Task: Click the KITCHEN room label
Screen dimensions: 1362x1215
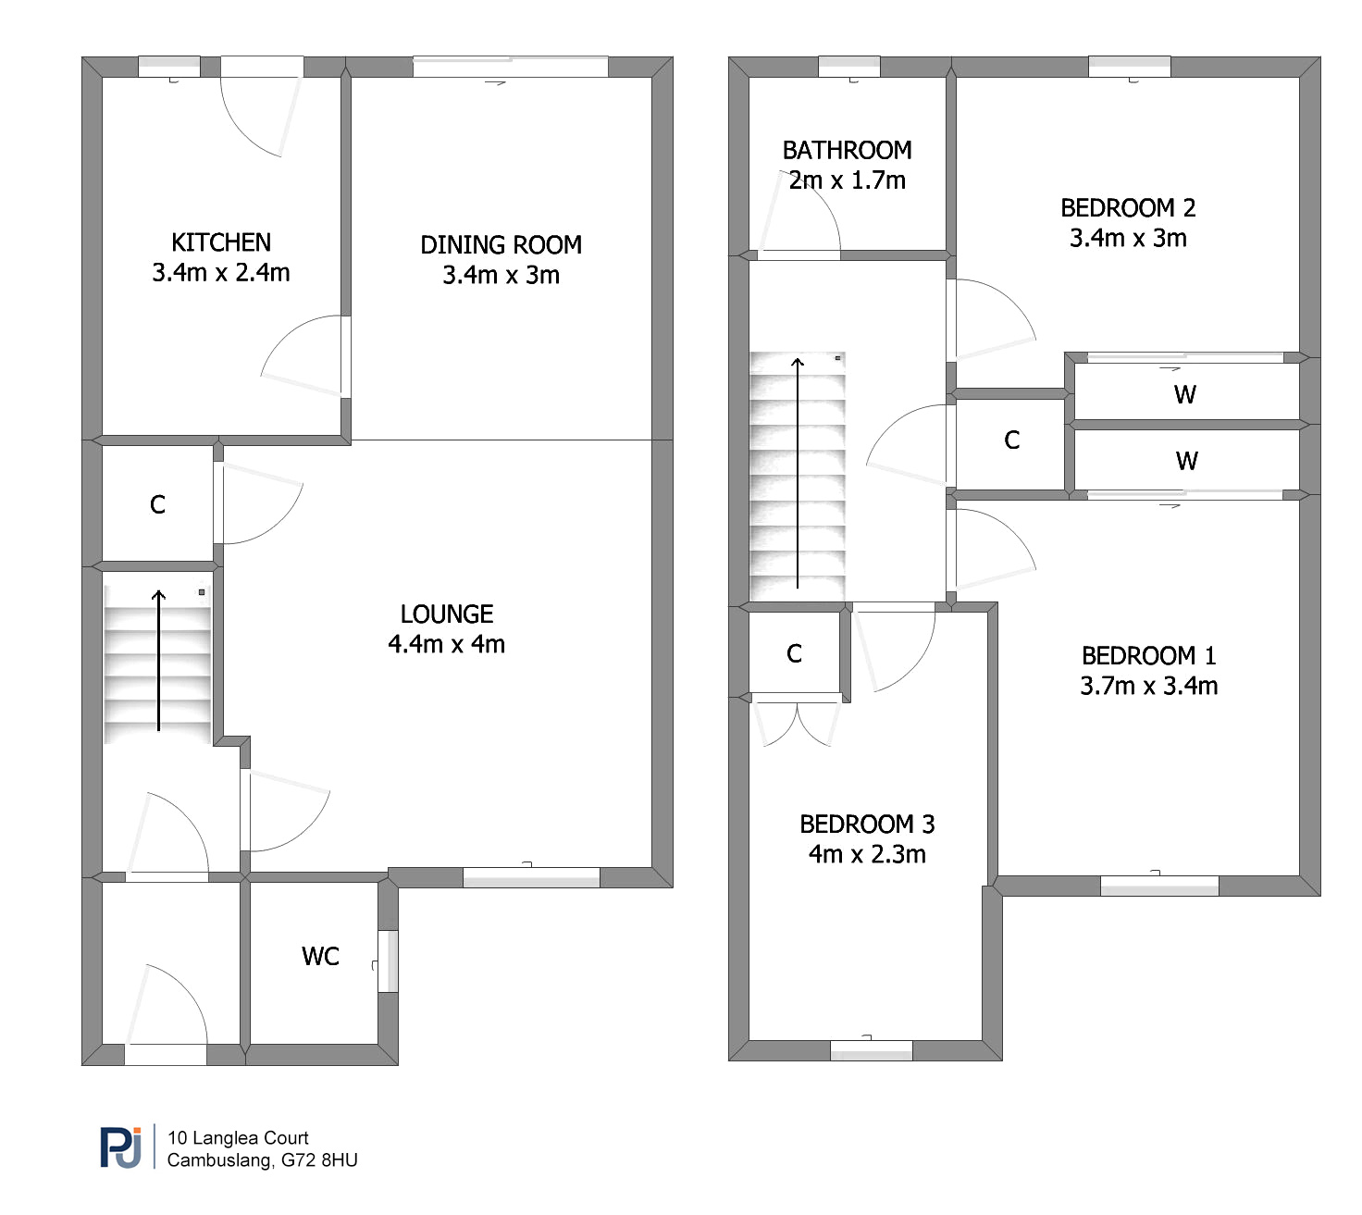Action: pos(220,242)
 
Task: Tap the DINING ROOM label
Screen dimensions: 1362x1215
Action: pos(501,244)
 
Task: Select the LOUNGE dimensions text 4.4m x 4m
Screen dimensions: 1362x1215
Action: pos(446,644)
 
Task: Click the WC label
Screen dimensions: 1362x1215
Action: pos(320,956)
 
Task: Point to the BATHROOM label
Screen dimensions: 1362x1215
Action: pos(847,150)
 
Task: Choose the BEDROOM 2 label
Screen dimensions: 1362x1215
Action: pos(1128,208)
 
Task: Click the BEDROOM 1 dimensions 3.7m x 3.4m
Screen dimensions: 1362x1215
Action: pos(1149,686)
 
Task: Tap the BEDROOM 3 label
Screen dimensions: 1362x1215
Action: pos(867,824)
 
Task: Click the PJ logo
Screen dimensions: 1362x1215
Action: pos(121,1147)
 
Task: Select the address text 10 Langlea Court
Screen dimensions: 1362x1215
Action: pos(238,1137)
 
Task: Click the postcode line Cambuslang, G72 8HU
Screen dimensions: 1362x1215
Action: pos(262,1159)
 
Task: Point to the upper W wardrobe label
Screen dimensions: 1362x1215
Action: pos(1185,395)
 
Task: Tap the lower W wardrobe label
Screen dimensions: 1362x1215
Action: pos(1186,461)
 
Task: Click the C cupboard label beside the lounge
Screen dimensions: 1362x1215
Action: pos(157,504)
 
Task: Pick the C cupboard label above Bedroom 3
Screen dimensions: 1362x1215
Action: pos(794,653)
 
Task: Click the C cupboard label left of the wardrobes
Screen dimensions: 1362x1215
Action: pos(1011,440)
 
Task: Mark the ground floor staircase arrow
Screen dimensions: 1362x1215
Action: pos(158,661)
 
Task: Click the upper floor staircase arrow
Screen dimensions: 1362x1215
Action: pos(798,474)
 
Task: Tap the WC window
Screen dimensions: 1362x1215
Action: pos(388,961)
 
